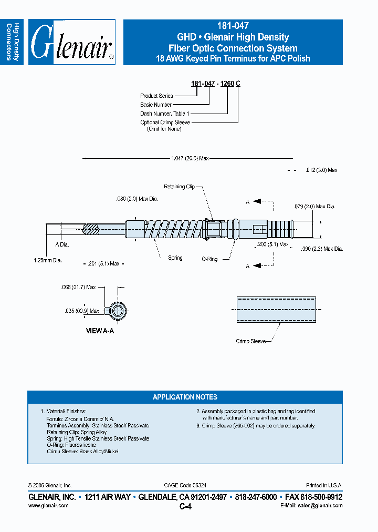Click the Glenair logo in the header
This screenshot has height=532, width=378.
pos(71,43)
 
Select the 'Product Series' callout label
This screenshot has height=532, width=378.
pos(156,96)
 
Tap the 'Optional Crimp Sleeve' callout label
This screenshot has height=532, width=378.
pos(165,122)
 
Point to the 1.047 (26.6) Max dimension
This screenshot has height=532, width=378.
pos(190,158)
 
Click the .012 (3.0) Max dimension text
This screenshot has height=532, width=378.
pos(321,170)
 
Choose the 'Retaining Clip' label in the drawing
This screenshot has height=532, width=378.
pos(179,187)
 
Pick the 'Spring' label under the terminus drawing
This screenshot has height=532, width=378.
pos(175,258)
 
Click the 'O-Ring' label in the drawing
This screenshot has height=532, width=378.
pos(209,259)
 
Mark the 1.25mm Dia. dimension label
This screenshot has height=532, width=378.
pos(48,260)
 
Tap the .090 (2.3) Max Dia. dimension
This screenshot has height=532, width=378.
pos(322,249)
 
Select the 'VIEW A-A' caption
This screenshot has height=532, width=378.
pos(100,332)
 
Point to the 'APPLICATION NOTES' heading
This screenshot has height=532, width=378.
pos(185,397)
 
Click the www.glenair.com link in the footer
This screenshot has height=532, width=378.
pos(48,505)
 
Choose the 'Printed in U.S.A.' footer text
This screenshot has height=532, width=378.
pos(324,485)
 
